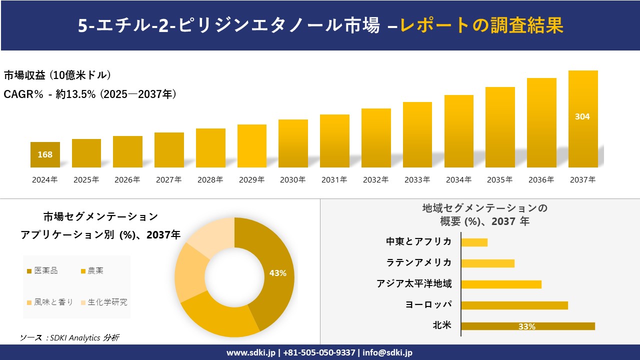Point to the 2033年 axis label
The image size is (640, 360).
pos(417,180)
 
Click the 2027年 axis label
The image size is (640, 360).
pos(169,180)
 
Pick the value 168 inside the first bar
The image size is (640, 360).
pos(45,154)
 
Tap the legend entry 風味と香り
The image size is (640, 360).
pos(50,302)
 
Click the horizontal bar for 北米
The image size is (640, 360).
pos(527,326)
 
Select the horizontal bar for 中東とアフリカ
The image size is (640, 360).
pos(474,242)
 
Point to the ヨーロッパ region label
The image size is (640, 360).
pos(428,304)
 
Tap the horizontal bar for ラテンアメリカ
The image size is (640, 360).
pos(487,263)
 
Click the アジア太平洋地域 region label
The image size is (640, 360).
pos(414,284)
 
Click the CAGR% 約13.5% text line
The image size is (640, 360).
pos(90,94)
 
